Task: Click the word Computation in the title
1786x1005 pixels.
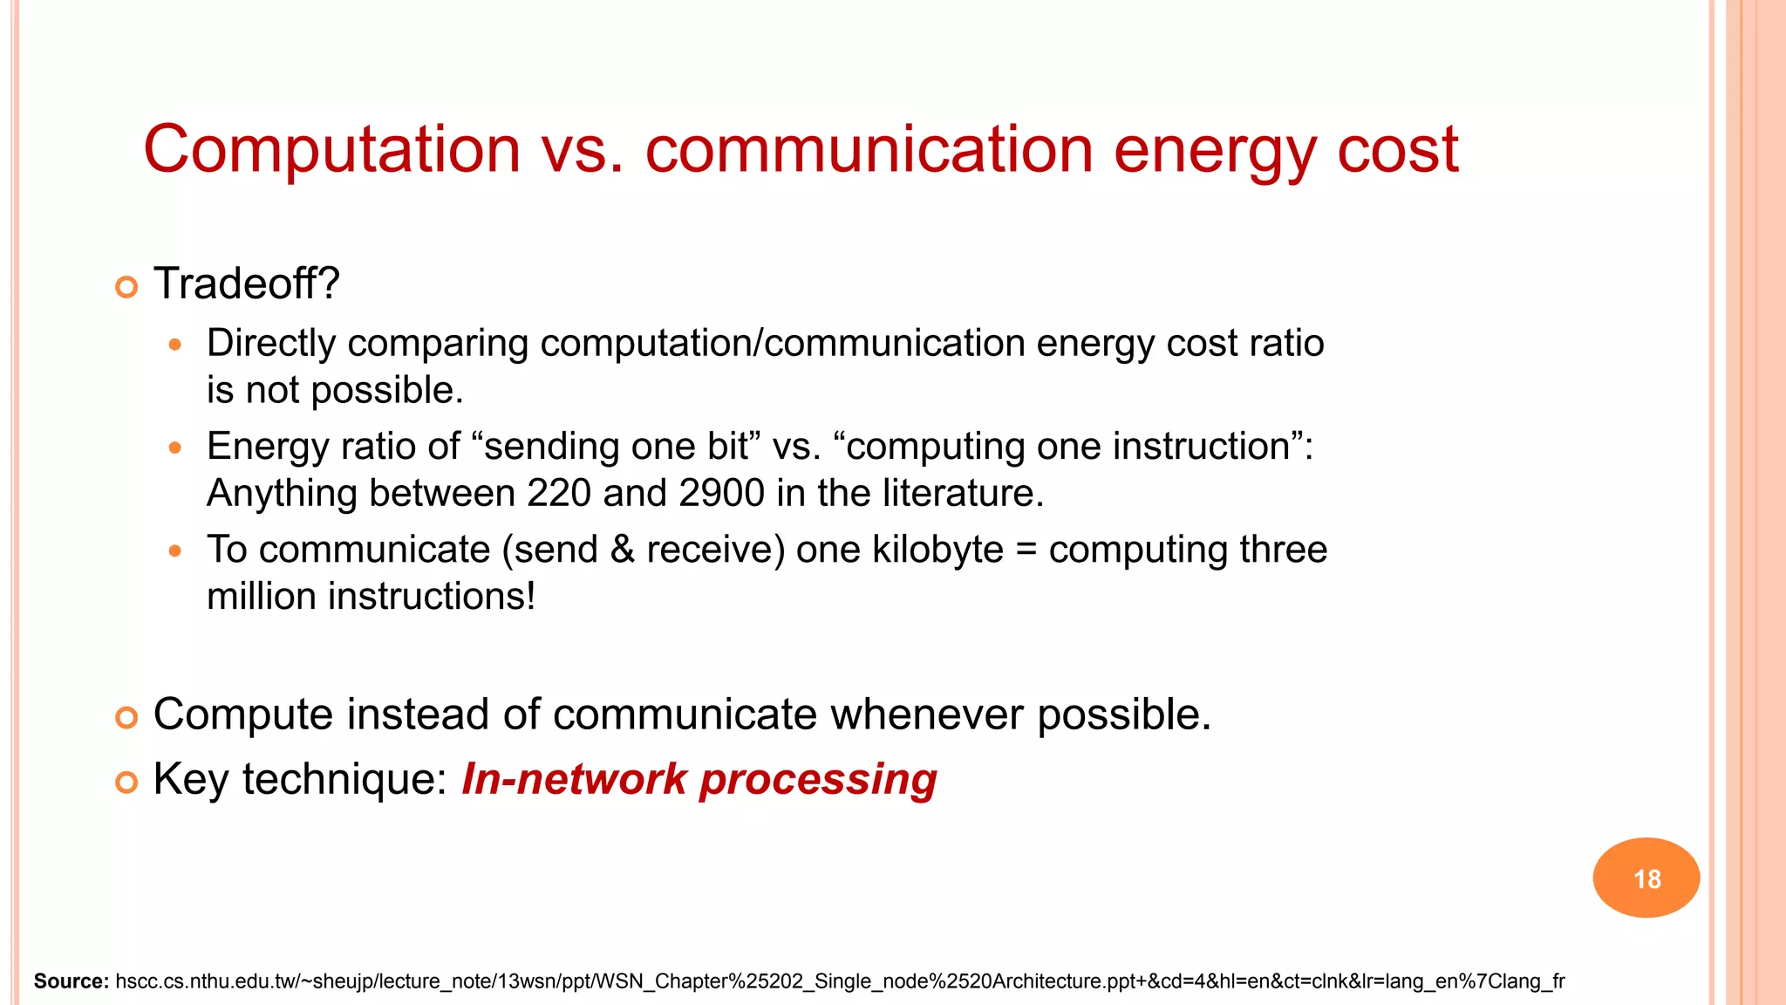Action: pyautogui.click(x=331, y=150)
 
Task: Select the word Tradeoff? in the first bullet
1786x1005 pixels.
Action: pyautogui.click(x=246, y=284)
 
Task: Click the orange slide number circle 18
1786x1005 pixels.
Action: pyautogui.click(x=1646, y=878)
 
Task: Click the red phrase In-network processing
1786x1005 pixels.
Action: pyautogui.click(x=699, y=779)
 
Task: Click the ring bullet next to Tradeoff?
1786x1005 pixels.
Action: pyautogui.click(x=126, y=287)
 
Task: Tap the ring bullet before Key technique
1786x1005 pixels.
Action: pyautogui.click(x=126, y=783)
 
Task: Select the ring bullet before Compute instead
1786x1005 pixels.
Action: pyautogui.click(x=126, y=718)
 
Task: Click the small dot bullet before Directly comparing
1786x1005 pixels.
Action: pyautogui.click(x=175, y=345)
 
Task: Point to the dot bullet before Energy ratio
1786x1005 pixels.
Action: pyautogui.click(x=175, y=448)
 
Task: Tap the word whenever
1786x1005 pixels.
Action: pyautogui.click(x=927, y=714)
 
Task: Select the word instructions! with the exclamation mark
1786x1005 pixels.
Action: pyautogui.click(x=431, y=598)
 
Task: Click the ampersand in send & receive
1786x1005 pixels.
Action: pyautogui.click(x=623, y=550)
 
